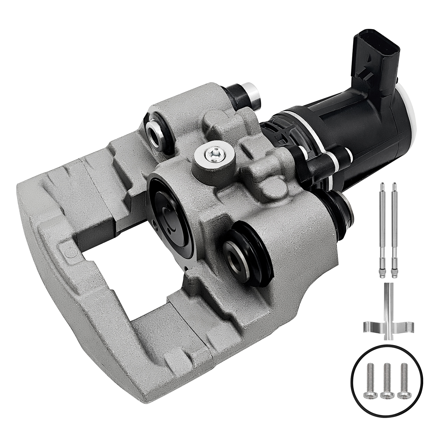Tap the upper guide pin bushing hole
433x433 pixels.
point(155,131)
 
